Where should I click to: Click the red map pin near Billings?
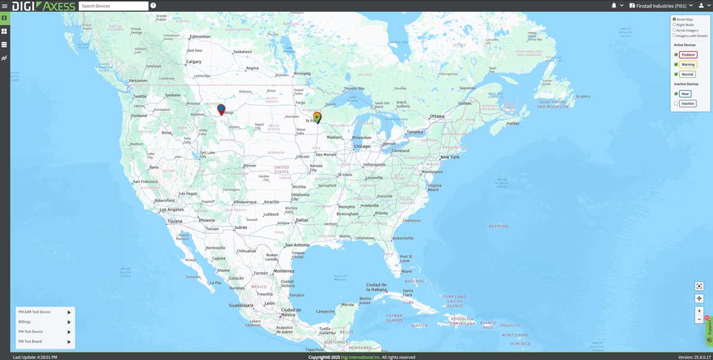pos(221,109)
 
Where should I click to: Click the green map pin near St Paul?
pos(317,117)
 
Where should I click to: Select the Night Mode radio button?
pos(674,25)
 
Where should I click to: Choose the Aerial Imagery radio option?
pos(674,30)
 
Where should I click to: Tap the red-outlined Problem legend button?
pos(688,55)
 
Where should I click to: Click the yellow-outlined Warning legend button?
pos(688,65)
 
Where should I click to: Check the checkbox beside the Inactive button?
pos(676,104)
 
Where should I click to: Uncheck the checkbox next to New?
pos(676,94)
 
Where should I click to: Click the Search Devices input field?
pos(113,6)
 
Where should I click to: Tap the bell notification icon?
pos(614,5)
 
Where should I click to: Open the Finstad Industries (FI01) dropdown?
pos(661,6)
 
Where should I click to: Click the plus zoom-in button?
pos(699,311)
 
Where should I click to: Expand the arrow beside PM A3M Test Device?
pos(69,312)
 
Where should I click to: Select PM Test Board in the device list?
pos(30,342)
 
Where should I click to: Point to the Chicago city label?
pos(362,146)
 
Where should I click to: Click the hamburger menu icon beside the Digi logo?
pos(5,6)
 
